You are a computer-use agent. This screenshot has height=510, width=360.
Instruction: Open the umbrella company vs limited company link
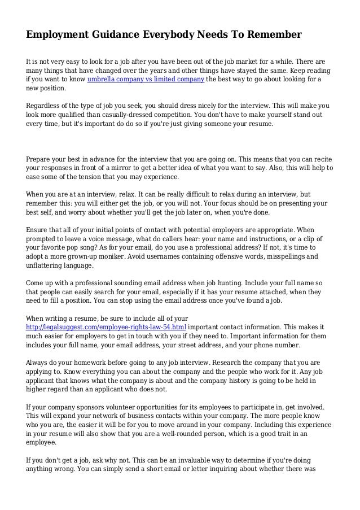click(146, 79)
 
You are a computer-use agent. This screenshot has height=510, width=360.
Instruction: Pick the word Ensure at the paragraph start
click(38, 230)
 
